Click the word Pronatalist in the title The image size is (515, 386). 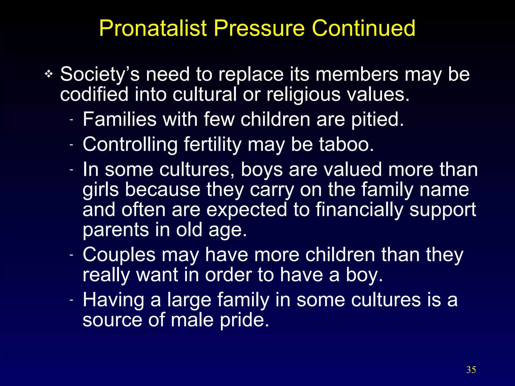point(153,28)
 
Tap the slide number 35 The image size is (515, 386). point(471,370)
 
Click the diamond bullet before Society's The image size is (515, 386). point(49,74)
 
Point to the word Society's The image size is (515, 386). point(100,75)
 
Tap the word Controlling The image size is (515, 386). point(130,145)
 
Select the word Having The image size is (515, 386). point(113,300)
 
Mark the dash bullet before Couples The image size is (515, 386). point(71,255)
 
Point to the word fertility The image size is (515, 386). point(212,145)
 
